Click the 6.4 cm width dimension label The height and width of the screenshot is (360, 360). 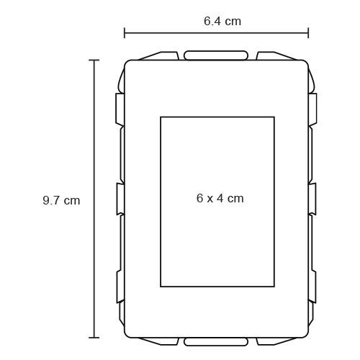[222, 21]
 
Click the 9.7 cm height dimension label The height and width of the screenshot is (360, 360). [61, 200]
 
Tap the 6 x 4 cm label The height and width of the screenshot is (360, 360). [220, 198]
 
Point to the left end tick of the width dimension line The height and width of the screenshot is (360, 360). [125, 33]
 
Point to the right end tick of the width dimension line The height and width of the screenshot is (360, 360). [308, 33]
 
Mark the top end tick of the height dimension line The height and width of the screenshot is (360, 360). [94, 60]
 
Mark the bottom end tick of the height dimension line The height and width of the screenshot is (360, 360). [94, 338]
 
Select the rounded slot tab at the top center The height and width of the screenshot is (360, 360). [216, 55]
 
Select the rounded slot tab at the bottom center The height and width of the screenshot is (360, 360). [216, 342]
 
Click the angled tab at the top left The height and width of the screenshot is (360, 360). [161, 56]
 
